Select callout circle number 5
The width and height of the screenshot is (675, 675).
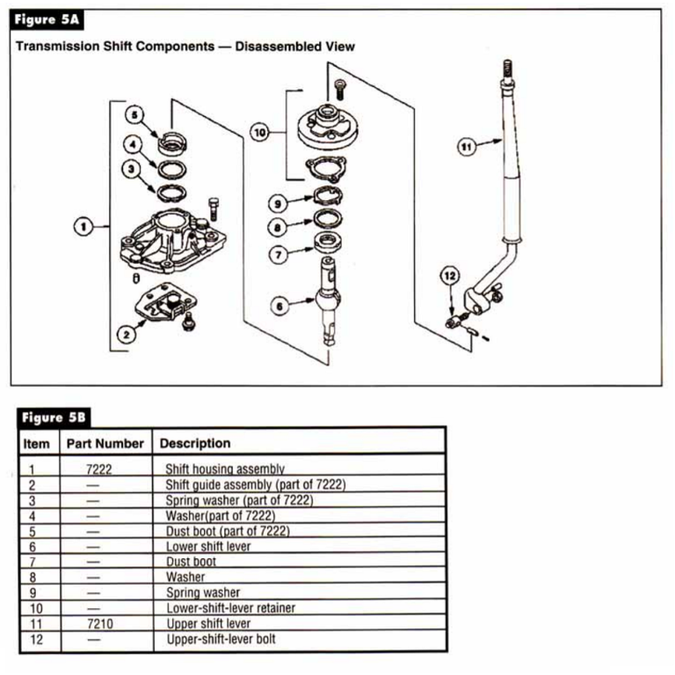click(134, 115)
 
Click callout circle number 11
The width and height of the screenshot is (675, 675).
click(467, 147)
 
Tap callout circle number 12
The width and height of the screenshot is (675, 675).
click(450, 275)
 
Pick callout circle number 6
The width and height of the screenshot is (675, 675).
click(279, 306)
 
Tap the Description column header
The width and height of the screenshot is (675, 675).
click(195, 443)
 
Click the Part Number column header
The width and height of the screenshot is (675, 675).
click(105, 443)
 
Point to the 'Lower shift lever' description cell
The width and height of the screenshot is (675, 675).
click(208, 546)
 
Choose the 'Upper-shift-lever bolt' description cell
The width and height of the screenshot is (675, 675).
click(221, 639)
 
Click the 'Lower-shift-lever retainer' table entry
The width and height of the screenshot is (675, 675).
click(230, 607)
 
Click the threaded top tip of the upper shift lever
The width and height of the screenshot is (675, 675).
click(508, 68)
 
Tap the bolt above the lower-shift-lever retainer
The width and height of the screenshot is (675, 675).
click(340, 86)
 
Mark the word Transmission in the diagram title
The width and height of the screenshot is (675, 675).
click(59, 45)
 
